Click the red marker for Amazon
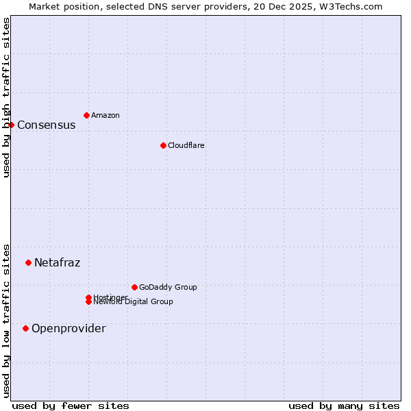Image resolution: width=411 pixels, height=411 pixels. pyautogui.click(x=86, y=115)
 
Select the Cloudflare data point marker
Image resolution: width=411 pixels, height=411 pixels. pyautogui.click(x=163, y=145)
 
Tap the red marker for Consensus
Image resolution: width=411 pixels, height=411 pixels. pyautogui.click(x=11, y=125)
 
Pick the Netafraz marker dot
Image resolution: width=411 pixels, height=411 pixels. pyautogui.click(x=28, y=262)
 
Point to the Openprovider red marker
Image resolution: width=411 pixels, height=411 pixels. pyautogui.click(x=25, y=328)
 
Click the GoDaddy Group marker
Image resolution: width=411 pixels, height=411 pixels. pyautogui.click(x=134, y=287)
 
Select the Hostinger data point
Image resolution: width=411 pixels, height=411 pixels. pyautogui.click(x=88, y=297)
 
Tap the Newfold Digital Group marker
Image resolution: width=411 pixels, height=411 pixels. pyautogui.click(x=88, y=302)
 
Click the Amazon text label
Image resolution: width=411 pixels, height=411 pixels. pyautogui.click(x=105, y=115)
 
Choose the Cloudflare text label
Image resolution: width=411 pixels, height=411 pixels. pyautogui.click(x=186, y=145)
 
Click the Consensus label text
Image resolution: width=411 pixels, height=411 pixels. pyautogui.click(x=47, y=125)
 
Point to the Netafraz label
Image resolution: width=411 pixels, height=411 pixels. pyautogui.click(x=58, y=262)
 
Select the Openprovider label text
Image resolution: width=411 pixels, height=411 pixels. pyautogui.click(x=69, y=328)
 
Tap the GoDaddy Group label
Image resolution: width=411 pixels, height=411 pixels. pyautogui.click(x=168, y=287)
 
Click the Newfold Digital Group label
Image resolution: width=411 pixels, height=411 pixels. pyautogui.click(x=134, y=302)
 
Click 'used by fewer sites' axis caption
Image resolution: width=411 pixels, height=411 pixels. pyautogui.click(x=71, y=406)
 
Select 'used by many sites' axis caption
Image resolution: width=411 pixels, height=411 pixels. pyautogui.click(x=344, y=406)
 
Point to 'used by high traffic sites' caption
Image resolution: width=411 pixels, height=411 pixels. pyautogui.click(x=6, y=98)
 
